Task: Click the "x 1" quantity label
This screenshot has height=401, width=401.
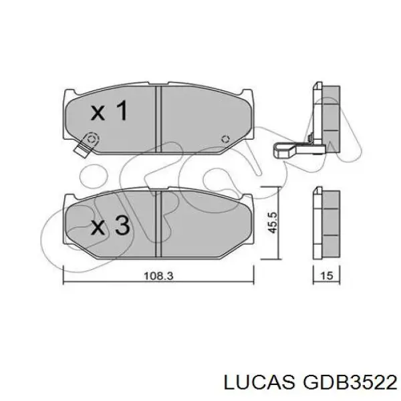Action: tap(109, 110)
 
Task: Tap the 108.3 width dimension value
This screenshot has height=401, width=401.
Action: tap(158, 276)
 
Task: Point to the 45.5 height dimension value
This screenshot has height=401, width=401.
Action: tap(272, 223)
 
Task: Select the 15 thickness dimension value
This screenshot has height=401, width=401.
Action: tap(327, 275)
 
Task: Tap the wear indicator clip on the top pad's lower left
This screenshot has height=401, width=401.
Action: tap(86, 144)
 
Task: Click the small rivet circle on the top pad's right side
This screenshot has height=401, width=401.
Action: tap(225, 139)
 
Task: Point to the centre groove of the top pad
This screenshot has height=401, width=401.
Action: tap(158, 119)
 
